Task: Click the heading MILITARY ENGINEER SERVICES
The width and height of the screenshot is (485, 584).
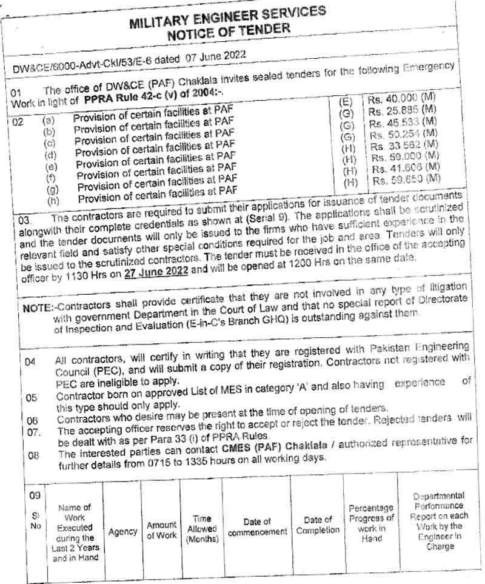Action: tap(227, 18)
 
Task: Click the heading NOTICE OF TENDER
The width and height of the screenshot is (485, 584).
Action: tap(229, 31)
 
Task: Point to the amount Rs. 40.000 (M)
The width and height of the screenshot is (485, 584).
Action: tap(401, 98)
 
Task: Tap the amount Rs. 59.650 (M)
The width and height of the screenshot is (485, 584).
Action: tap(406, 180)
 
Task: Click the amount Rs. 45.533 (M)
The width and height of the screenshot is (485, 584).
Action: tap(403, 122)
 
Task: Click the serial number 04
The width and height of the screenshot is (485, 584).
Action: tap(31, 361)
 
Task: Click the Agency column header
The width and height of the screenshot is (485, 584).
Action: tap(122, 531)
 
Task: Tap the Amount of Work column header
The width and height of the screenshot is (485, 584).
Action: tap(162, 529)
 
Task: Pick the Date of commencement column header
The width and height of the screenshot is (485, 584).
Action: tap(257, 526)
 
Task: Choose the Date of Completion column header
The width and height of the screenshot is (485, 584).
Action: tap(318, 525)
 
